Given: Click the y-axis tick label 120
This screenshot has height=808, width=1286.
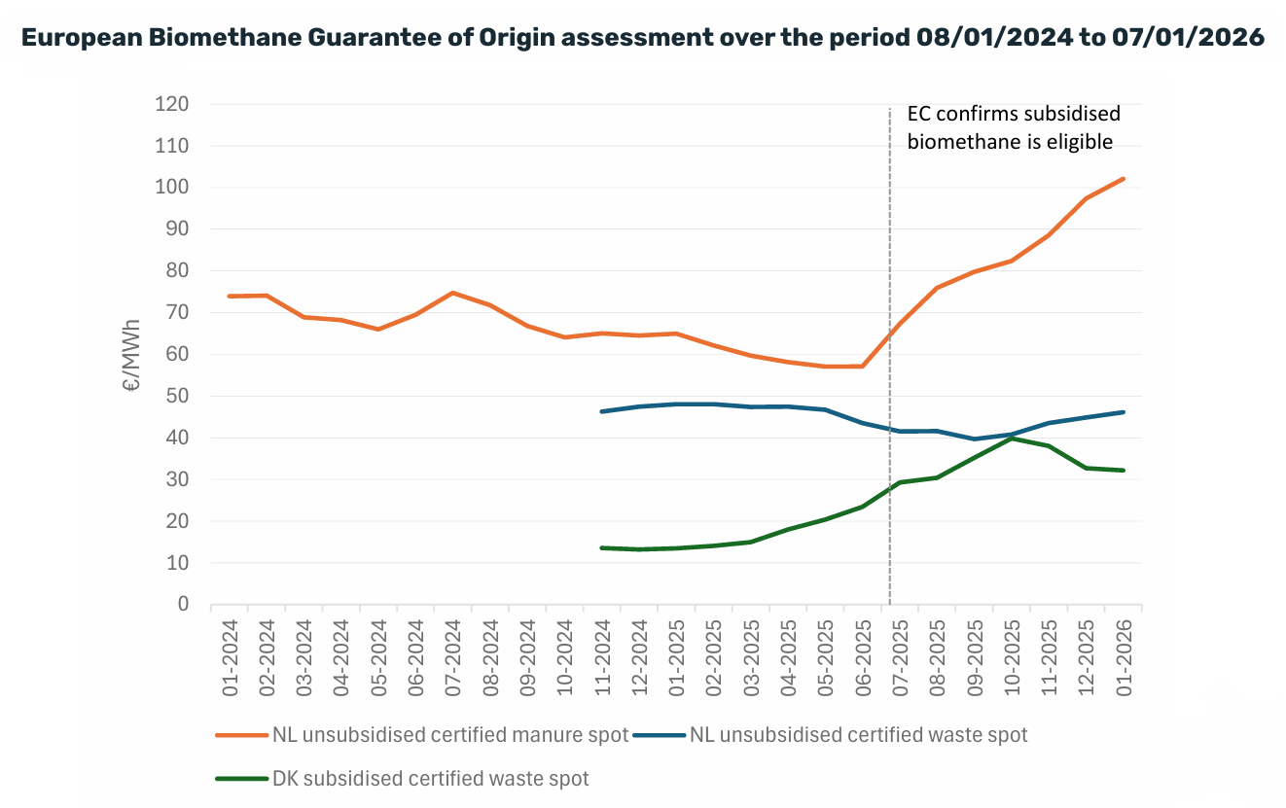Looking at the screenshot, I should coord(171,104).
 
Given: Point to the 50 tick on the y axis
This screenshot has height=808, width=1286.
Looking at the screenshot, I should coord(176,397).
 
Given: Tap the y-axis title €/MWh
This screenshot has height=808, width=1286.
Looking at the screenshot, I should coord(132,355).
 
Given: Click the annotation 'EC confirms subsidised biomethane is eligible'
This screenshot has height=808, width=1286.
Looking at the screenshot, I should coord(1013,127).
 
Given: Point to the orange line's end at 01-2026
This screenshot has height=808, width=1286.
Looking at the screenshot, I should coord(1124,179).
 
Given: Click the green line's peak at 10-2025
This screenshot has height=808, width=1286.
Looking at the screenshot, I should coord(1013,439).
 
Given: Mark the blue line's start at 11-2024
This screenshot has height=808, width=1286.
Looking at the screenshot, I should coord(602,411).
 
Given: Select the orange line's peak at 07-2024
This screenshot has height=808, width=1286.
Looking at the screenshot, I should coord(453,293).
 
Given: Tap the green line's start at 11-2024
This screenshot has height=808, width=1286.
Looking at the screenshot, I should coord(602,548).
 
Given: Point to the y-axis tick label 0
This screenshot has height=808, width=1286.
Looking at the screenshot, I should coord(183,605).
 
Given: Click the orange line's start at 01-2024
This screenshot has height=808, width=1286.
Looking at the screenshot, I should coord(230,296).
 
